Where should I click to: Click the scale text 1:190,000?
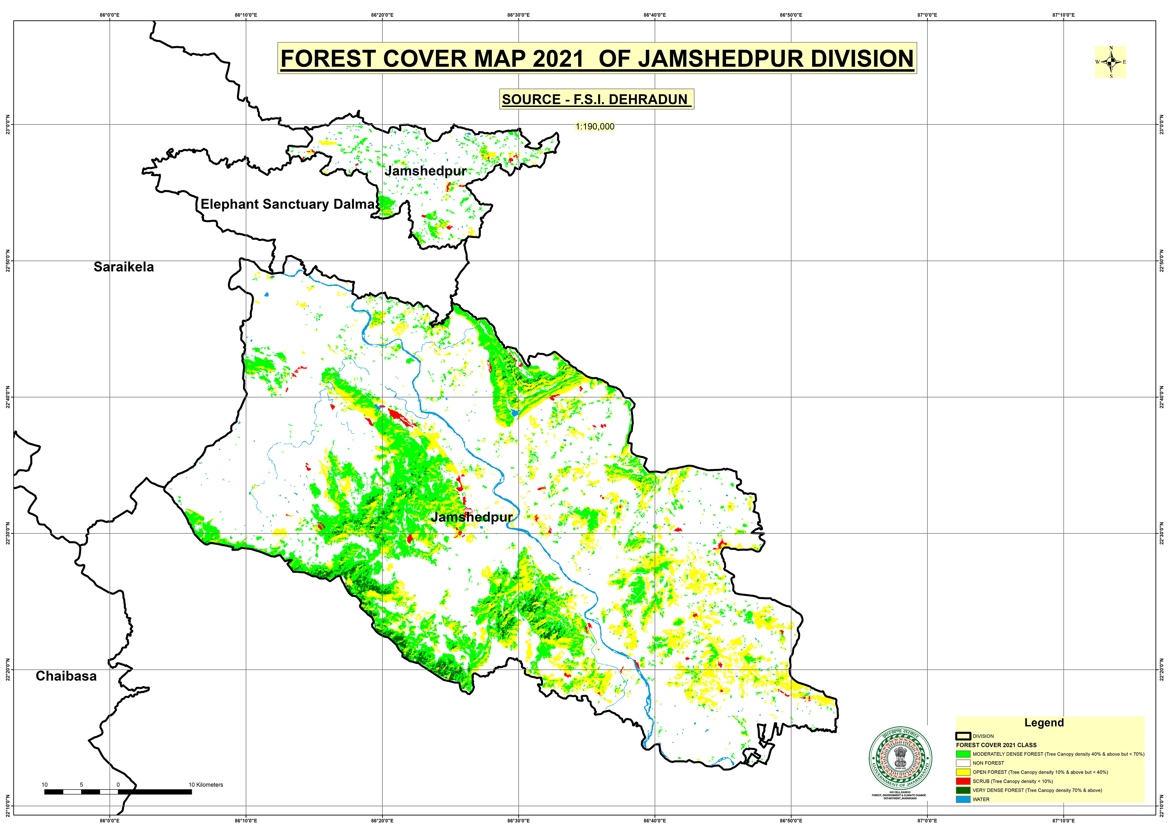click(595, 126)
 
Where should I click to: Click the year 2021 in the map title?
click(558, 58)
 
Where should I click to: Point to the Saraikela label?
click(123, 266)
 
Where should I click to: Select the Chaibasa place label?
click(66, 676)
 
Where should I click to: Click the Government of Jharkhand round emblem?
click(900, 758)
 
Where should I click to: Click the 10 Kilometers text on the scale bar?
click(206, 784)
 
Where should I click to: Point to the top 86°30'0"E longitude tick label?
click(518, 15)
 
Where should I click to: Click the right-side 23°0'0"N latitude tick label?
click(1162, 124)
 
